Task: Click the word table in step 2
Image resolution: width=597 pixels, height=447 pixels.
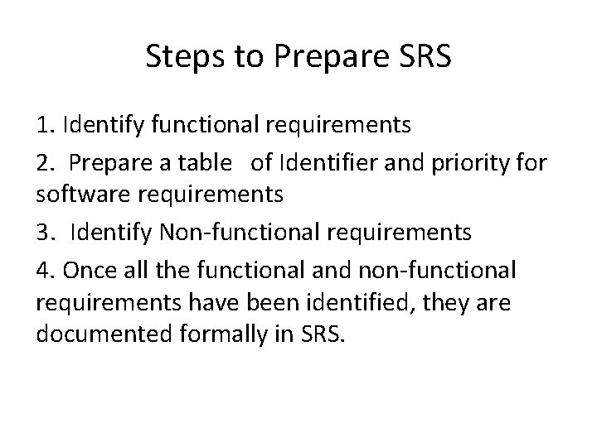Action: (x=206, y=162)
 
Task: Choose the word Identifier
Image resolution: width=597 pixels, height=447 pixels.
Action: (x=320, y=162)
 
